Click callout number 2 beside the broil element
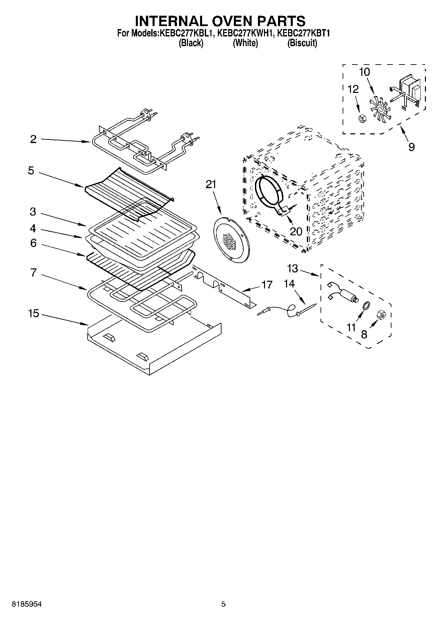click(33, 139)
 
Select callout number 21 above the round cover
click(211, 184)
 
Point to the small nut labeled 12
click(361, 119)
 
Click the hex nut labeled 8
click(381, 315)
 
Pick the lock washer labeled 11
click(366, 306)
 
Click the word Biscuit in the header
click(302, 43)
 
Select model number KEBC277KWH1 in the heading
click(246, 33)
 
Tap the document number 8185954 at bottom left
click(27, 604)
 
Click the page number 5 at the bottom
click(223, 604)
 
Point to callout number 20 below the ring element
click(296, 231)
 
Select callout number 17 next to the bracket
click(267, 285)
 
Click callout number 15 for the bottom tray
click(33, 314)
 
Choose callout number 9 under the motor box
click(411, 146)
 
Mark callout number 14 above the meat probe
click(289, 284)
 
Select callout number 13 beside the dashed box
click(292, 268)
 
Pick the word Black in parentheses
click(191, 43)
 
